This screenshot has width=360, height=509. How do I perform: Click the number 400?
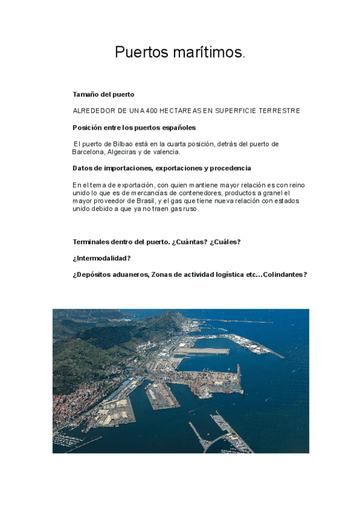coord(152,111)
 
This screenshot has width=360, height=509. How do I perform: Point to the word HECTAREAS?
coord(182,111)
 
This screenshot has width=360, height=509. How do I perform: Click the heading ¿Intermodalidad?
coord(101,258)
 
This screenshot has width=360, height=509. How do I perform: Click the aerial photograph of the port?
coord(181,381)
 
